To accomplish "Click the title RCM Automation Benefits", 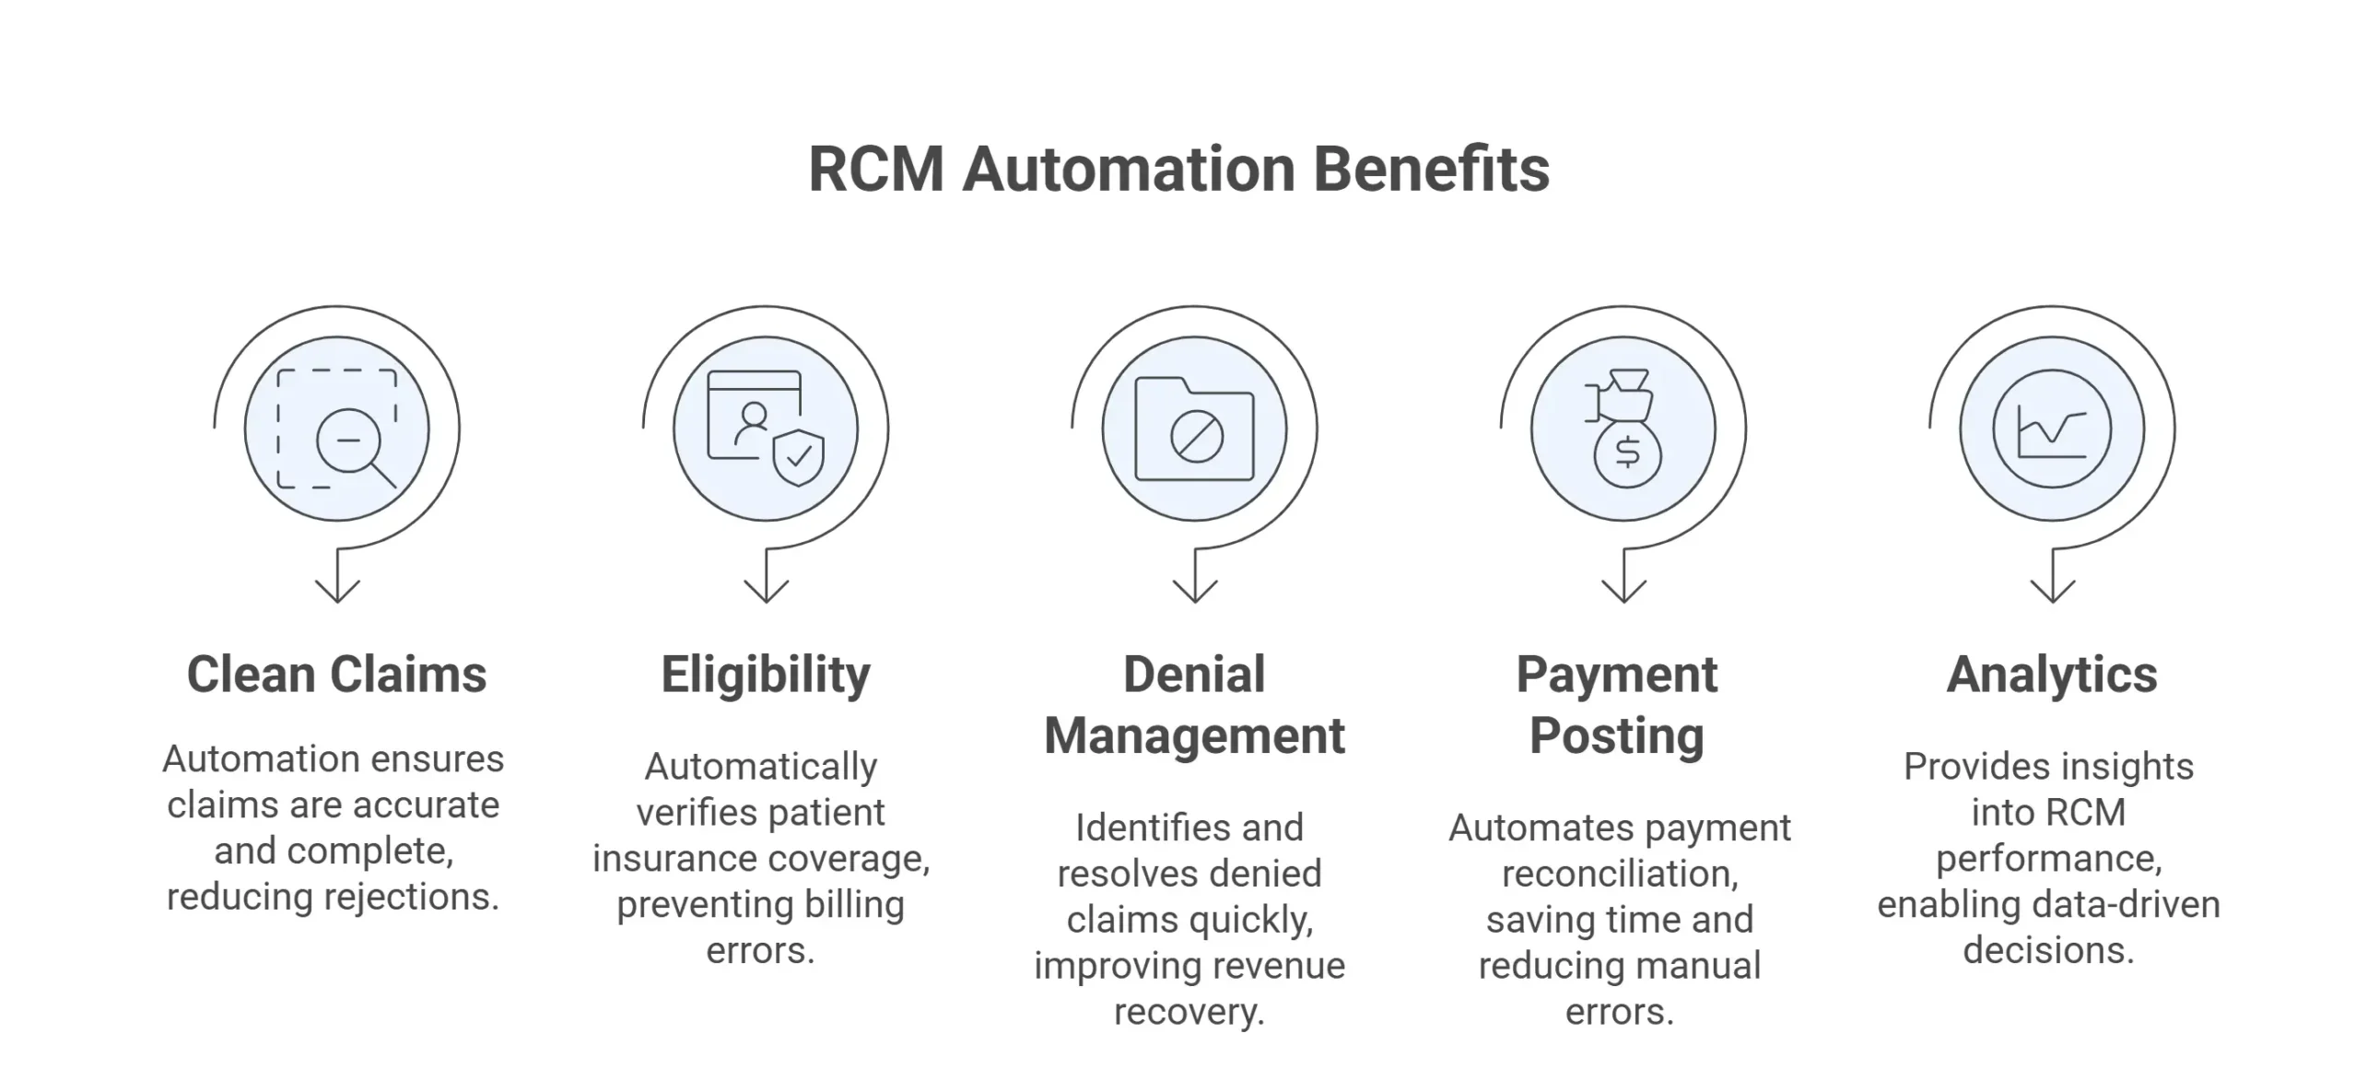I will pos(1177,170).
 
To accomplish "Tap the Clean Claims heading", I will pos(336,675).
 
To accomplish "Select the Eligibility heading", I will pos(765,675).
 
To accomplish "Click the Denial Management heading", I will pos(1194,705).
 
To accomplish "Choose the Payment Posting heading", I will pos(1617,705).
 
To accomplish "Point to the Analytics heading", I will pos(2052,675).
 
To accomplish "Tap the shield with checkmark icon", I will pos(798,456).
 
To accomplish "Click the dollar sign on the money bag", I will pos(1628,452).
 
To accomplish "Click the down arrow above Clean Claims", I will pos(337,584).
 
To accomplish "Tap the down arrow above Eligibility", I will pos(766,584).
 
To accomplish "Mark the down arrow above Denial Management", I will pos(1195,584).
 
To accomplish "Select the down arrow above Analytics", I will pos(2053,584).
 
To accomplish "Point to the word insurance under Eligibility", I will pos(674,859).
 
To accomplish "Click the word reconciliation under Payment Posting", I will pos(1620,874).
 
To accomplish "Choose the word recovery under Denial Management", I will pos(1189,1012).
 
